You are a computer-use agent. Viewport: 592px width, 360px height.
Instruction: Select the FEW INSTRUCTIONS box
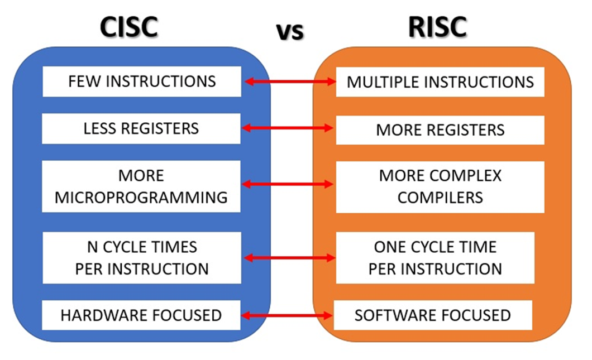142,81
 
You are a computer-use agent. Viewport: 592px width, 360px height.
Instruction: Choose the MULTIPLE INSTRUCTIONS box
440,82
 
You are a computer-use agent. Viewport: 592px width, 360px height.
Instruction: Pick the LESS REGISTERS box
142,128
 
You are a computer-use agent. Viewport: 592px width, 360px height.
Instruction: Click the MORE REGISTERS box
440,130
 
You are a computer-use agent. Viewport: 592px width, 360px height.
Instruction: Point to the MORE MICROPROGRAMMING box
142,186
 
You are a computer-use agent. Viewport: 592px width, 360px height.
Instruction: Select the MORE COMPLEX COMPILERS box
440,187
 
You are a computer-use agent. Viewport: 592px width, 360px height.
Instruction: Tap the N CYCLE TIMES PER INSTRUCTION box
142,258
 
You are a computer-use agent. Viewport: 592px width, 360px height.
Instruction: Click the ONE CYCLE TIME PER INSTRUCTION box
435,258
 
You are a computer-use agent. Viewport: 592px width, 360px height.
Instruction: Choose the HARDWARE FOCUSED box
142,315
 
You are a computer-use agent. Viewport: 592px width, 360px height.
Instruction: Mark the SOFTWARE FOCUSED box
433,315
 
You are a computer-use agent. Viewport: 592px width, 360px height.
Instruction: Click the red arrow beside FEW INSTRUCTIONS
289,82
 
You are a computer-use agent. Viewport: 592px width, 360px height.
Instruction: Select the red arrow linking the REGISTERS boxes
289,128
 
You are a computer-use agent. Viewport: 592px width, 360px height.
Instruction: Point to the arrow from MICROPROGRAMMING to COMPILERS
289,184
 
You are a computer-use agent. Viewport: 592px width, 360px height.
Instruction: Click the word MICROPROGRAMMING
142,197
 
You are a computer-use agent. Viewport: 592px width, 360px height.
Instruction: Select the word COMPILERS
440,198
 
